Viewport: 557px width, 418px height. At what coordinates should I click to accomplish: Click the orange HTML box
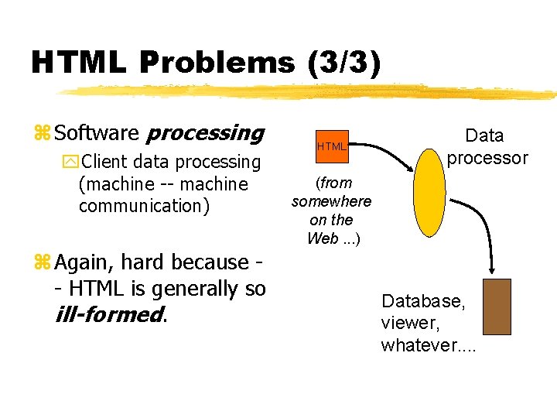click(331, 146)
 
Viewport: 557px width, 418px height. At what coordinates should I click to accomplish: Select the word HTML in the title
click(77, 62)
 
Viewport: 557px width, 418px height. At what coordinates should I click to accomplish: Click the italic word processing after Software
click(205, 133)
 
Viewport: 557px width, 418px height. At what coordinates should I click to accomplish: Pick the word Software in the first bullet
click(97, 133)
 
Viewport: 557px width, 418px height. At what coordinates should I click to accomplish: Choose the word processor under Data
click(487, 158)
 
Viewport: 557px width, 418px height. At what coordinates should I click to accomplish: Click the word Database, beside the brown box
click(423, 300)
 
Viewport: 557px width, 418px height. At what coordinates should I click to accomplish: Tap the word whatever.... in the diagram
click(429, 345)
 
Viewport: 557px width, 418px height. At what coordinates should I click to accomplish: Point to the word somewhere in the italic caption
click(331, 201)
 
